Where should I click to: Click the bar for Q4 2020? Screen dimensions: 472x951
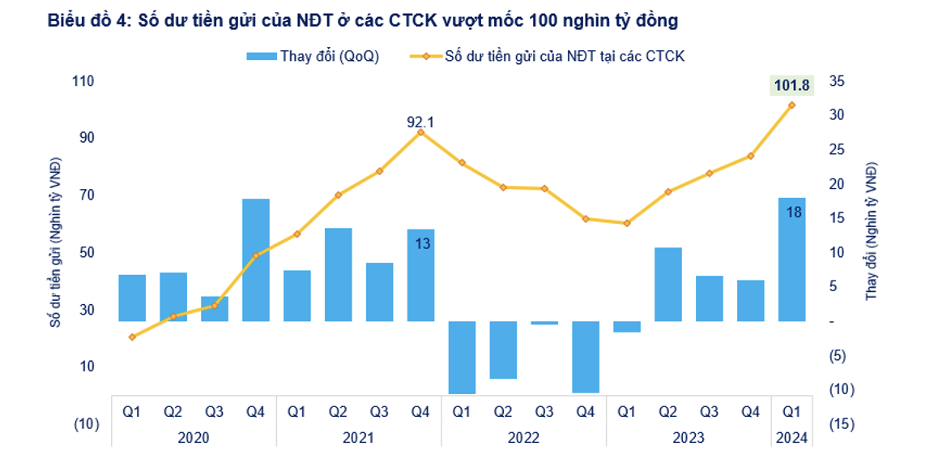pyautogui.click(x=256, y=260)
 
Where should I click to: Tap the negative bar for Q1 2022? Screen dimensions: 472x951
pyautogui.click(x=462, y=358)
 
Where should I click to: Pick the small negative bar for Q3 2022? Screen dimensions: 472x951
pyautogui.click(x=544, y=323)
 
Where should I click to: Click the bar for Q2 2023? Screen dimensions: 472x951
pyautogui.click(x=667, y=284)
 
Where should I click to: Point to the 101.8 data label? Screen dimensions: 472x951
pyautogui.click(x=791, y=84)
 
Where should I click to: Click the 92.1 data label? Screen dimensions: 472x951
pyautogui.click(x=420, y=122)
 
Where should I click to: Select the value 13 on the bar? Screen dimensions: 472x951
pyautogui.click(x=422, y=242)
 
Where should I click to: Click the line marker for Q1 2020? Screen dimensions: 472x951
pyautogui.click(x=132, y=337)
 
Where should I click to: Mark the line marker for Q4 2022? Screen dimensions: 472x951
pyautogui.click(x=586, y=219)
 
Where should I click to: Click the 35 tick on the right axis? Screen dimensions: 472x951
pyautogui.click(x=837, y=81)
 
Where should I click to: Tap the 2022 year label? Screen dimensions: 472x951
pyautogui.click(x=523, y=438)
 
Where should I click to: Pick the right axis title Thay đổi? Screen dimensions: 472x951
pyautogui.click(x=872, y=232)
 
